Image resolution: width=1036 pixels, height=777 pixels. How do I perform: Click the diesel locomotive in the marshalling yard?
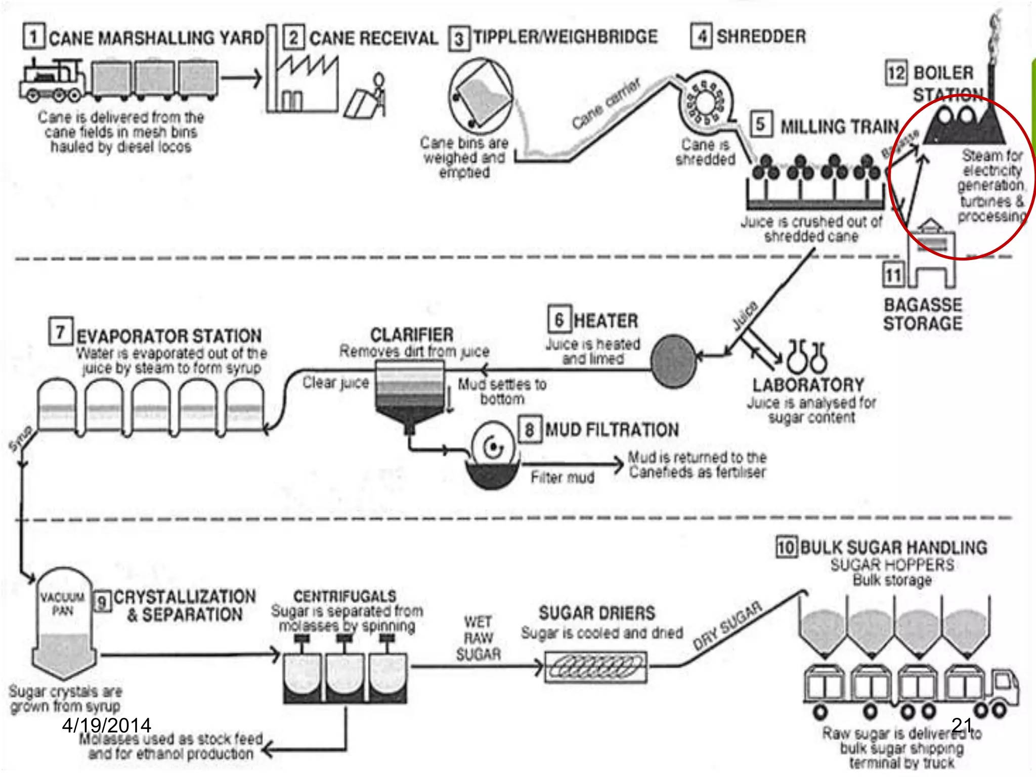coord(51,81)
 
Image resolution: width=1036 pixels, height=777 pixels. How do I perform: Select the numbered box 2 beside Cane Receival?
coord(293,37)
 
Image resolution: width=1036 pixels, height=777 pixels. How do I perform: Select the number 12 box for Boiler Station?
coord(896,73)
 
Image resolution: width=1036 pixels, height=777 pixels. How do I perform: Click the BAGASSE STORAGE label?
coord(922,314)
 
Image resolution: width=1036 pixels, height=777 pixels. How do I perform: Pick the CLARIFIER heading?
coord(412,335)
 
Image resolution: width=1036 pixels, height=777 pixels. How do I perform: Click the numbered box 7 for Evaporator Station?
coord(61,332)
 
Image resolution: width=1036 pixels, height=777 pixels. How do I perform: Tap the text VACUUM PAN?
coord(62,603)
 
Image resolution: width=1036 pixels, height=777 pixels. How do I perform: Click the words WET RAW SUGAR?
coord(478,638)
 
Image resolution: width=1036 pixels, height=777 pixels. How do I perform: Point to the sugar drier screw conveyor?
coord(595,667)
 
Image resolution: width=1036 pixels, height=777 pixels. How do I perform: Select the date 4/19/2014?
coord(106,725)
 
